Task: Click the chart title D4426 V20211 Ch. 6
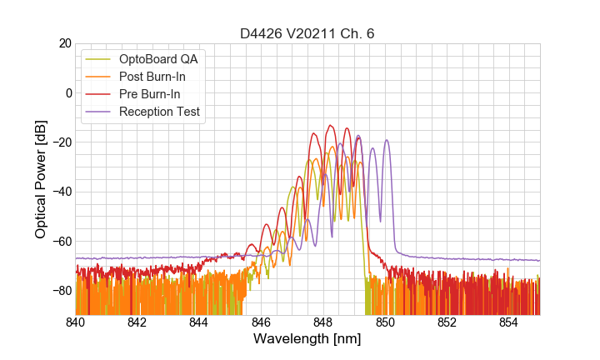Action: (307, 33)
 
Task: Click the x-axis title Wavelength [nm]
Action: (307, 339)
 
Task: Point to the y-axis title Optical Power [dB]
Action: (41, 178)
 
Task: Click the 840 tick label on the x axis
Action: (76, 322)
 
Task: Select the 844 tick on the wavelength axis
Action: (199, 322)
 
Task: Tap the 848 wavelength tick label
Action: (323, 322)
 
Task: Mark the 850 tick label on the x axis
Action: (385, 322)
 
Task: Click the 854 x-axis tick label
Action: (508, 322)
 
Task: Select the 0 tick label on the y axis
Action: (68, 92)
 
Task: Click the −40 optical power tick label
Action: (61, 192)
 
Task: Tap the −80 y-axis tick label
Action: (61, 290)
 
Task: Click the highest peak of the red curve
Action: (331, 125)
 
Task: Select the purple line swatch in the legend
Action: (99, 112)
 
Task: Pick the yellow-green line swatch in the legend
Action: (99, 59)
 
